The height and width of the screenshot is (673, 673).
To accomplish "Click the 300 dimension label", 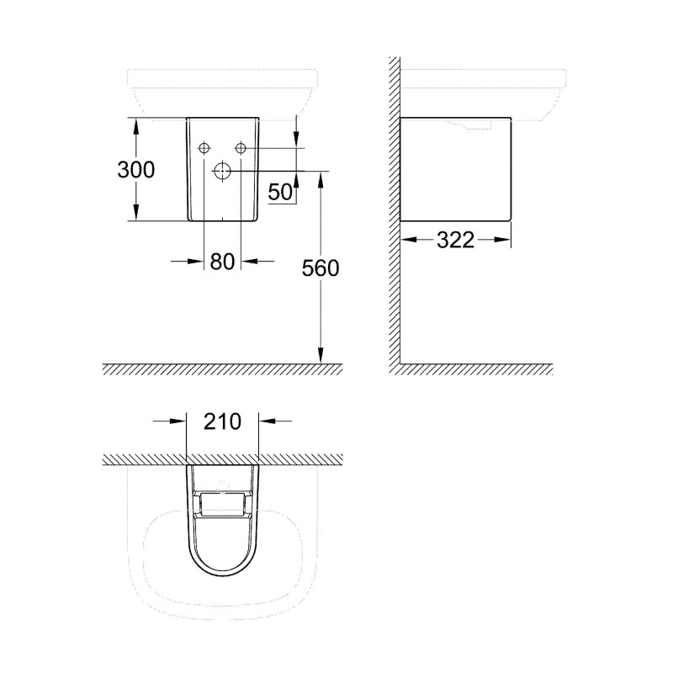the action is [135, 170].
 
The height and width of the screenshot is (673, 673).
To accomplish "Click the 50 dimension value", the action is [280, 192].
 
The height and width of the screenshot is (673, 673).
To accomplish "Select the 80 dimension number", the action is [222, 261].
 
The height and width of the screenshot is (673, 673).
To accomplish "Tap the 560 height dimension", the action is [321, 268].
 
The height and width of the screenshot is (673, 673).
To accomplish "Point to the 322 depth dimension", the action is [455, 240].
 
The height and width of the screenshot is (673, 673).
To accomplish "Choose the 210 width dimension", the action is [222, 421].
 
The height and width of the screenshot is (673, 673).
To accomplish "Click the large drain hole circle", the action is [222, 171].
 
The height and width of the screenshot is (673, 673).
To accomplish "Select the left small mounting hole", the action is [204, 148].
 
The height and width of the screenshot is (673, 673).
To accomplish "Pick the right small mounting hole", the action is [241, 148].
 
